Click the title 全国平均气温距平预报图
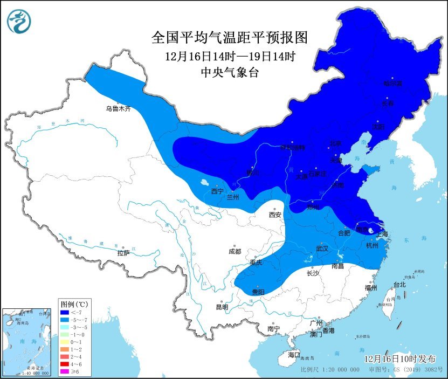pyautogui.click(x=230, y=38)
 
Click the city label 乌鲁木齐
pyautogui.click(x=118, y=108)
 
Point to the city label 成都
pyautogui.click(x=235, y=251)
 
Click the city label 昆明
pyautogui.click(x=222, y=307)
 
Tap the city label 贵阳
pyautogui.click(x=258, y=292)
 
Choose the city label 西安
pyautogui.click(x=275, y=215)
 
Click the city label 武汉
pyautogui.click(x=322, y=249)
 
